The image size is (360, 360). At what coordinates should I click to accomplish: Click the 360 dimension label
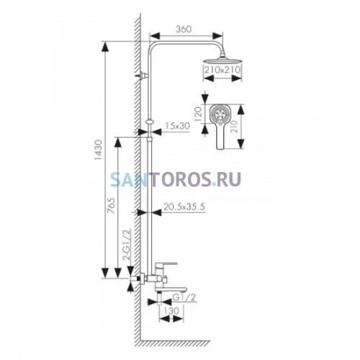click(x=184, y=29)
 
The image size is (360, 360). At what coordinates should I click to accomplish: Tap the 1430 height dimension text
click(x=98, y=150)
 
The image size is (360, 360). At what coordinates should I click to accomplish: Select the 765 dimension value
click(x=112, y=206)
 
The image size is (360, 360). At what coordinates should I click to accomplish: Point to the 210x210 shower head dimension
click(x=222, y=69)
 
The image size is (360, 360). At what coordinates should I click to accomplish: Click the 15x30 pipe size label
click(x=178, y=126)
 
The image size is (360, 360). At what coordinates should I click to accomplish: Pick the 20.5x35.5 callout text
click(x=184, y=207)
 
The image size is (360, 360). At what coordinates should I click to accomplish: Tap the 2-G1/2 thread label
click(x=127, y=245)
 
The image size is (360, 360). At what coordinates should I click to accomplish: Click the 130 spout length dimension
click(x=171, y=311)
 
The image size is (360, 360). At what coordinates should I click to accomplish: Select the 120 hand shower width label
click(x=198, y=114)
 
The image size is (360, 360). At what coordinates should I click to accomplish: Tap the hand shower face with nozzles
click(x=220, y=114)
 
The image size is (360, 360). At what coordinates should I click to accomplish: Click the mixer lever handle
click(x=166, y=264)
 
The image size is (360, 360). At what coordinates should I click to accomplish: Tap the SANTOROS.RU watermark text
click(x=176, y=179)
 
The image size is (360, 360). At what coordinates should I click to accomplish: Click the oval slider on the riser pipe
click(x=150, y=122)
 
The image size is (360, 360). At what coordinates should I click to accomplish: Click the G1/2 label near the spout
click(x=184, y=297)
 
